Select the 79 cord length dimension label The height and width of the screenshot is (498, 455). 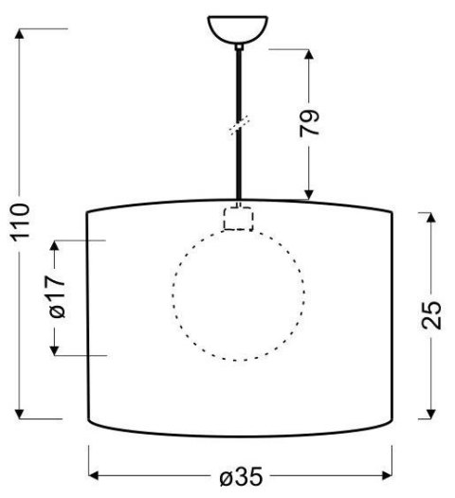(x=310, y=122)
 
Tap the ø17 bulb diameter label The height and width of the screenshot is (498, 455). (x=56, y=297)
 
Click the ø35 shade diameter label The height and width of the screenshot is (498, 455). (x=241, y=477)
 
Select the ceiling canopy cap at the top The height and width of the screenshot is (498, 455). (x=237, y=29)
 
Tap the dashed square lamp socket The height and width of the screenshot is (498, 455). (x=237, y=219)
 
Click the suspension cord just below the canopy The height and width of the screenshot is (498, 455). (x=237, y=62)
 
